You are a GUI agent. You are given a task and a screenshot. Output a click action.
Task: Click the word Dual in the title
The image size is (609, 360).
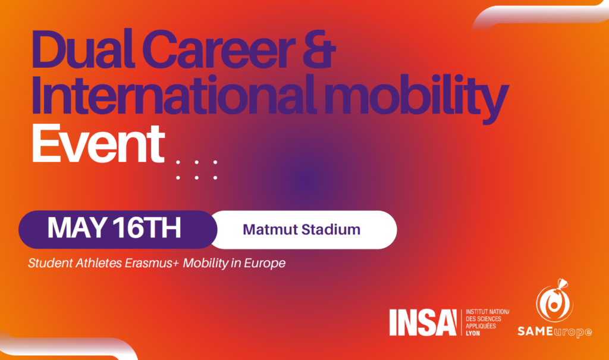pyautogui.click(x=83, y=49)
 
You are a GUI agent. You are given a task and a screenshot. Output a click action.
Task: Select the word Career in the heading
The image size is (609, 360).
pyautogui.click(x=219, y=49)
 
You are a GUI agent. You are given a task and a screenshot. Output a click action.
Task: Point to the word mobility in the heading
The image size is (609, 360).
pyautogui.click(x=416, y=99)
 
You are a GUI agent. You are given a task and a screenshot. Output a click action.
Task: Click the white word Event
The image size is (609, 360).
pyautogui.click(x=98, y=144)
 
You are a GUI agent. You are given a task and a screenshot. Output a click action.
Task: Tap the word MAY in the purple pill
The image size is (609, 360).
pyautogui.click(x=77, y=228)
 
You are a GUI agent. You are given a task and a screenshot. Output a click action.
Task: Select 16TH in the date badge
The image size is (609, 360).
pyautogui.click(x=147, y=228)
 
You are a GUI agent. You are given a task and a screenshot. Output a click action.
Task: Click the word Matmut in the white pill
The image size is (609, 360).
pyautogui.click(x=270, y=229)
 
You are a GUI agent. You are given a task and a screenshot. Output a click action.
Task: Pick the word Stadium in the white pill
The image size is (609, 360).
pyautogui.click(x=331, y=229)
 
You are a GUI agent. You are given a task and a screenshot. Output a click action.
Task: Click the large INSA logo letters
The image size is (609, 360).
pyautogui.click(x=423, y=323)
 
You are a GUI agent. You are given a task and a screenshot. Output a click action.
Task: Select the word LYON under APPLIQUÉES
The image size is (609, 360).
pyautogui.click(x=473, y=333)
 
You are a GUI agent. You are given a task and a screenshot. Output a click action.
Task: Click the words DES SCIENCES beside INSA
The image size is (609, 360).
pyautogui.click(x=484, y=319)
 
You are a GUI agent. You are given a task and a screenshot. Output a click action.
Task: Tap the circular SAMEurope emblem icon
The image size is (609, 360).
pyautogui.click(x=555, y=301)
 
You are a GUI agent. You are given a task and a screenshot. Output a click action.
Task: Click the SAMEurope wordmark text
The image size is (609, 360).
pyautogui.click(x=555, y=331)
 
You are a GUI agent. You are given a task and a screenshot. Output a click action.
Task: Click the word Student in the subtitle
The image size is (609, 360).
pyautogui.click(x=50, y=263)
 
